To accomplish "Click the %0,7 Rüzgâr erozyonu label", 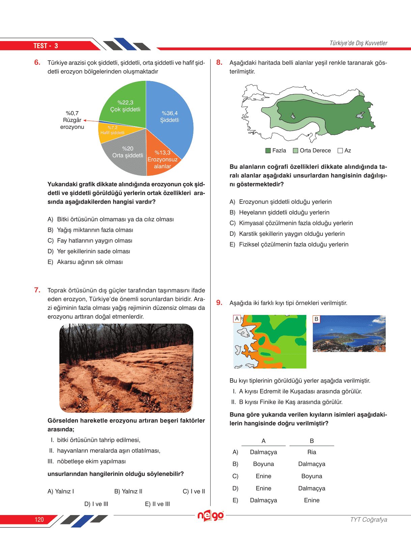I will coord(72,120).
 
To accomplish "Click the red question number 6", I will coord(37,62).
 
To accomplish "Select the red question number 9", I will coord(219,303).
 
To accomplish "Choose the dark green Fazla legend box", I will coord(268,151).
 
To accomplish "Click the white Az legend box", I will coord(340,151).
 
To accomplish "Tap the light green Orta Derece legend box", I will coord(296,151).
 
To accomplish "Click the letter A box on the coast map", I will coord(237,319).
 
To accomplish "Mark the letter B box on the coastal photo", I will coord(316,319).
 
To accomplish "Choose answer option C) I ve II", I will coord(194,491).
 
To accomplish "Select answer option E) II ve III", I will coord(157,504).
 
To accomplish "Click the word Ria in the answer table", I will coord(312,452).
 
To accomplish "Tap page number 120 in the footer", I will coord(39,520).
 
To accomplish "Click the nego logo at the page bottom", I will coord(211,516).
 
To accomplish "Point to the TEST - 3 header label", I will coord(46,46).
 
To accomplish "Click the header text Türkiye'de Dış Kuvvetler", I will coord(358,43).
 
